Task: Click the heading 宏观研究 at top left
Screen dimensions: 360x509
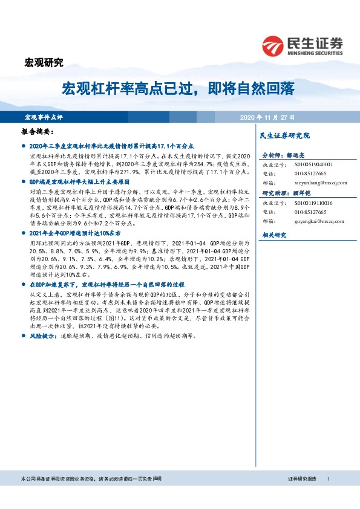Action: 43,62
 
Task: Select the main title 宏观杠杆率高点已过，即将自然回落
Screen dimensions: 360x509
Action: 178,89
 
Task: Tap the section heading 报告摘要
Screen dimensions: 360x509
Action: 38,131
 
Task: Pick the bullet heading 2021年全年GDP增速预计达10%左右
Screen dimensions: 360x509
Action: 76,233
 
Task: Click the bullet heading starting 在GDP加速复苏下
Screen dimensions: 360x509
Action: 106,284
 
